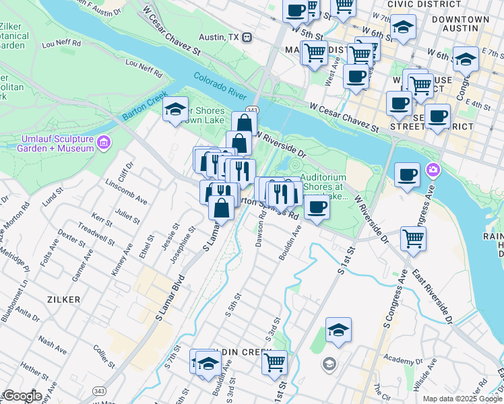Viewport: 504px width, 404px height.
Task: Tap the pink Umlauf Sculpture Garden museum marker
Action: click(103, 143)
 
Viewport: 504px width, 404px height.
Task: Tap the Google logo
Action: click(22, 397)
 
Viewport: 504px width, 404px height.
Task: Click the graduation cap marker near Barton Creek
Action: click(175, 109)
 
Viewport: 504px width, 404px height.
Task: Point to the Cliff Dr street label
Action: click(126, 173)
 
